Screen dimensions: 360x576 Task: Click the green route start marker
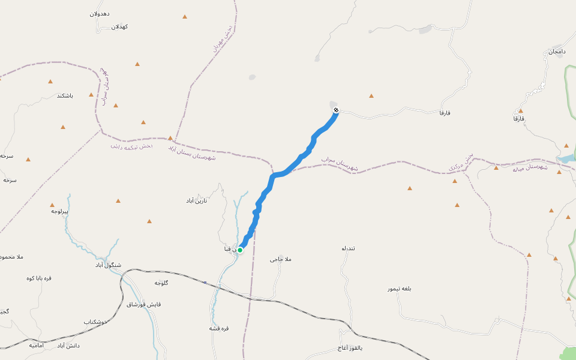[x=240, y=250]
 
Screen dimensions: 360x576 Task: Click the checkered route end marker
[x=336, y=110]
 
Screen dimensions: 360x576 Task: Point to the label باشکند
[x=65, y=95]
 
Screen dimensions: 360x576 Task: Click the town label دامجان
[x=556, y=52]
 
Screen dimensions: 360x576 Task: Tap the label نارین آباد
[x=196, y=200]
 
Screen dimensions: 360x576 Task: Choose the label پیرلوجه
[x=60, y=211]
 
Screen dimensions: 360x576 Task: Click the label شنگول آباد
[x=108, y=265]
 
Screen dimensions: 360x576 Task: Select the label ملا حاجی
[x=280, y=259]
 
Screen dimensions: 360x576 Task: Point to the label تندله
[x=349, y=248]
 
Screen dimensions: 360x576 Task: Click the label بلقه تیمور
[x=399, y=289]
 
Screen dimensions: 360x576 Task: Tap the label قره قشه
[x=219, y=328]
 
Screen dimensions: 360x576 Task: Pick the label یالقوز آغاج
[x=350, y=348]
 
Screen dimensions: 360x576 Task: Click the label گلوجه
[x=162, y=283]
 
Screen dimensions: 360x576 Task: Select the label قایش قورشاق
[x=144, y=304]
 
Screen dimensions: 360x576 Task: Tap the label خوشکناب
[x=95, y=322]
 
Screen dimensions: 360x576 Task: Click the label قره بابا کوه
[x=39, y=278]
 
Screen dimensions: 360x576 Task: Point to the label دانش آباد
[x=68, y=346]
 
